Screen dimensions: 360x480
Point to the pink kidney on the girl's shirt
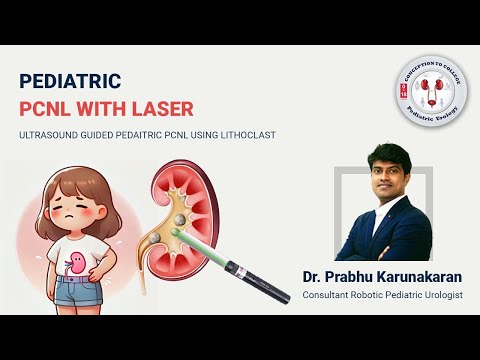tap(75, 265)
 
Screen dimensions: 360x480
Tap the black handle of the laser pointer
tap(255, 280)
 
